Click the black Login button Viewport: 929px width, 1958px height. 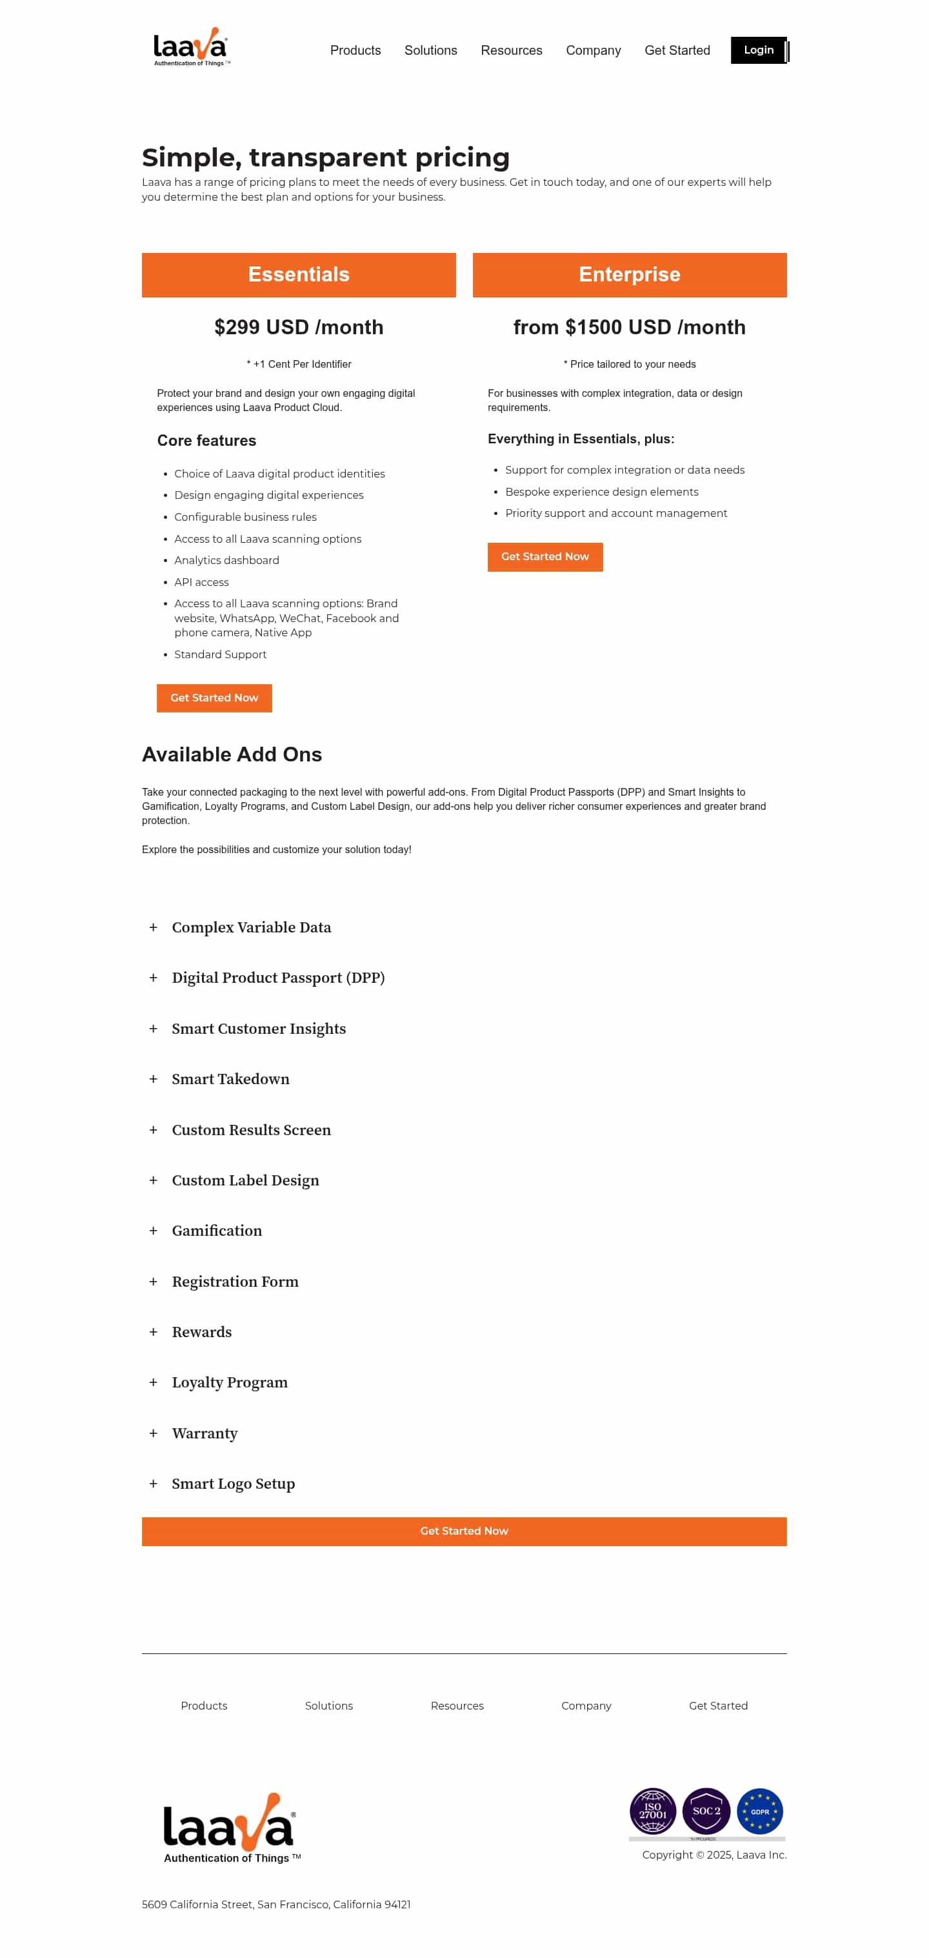tap(758, 50)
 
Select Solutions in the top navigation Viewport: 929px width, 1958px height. tap(430, 50)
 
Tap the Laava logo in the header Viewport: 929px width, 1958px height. tap(190, 47)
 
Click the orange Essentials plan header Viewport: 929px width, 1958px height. tap(299, 274)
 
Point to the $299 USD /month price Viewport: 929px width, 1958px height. tap(299, 327)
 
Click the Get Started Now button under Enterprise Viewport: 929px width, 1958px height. tap(544, 556)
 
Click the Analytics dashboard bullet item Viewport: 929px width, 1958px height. tap(226, 560)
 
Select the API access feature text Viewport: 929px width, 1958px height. tap(201, 582)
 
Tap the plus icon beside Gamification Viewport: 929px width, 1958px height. tap(154, 1230)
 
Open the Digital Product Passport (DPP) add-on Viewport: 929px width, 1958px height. tap(278, 978)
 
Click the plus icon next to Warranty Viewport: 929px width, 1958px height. tap(154, 1433)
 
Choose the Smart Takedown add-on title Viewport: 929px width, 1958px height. tap(230, 1078)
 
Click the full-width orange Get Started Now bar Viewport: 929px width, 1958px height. tap(464, 1531)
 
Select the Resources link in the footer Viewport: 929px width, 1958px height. tap(457, 1706)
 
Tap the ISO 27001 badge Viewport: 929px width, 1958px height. tap(652, 1811)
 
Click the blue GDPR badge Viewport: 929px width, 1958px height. tap(759, 1811)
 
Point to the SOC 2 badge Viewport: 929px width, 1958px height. tap(706, 1811)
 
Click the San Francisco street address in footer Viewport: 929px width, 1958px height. tap(275, 1904)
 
